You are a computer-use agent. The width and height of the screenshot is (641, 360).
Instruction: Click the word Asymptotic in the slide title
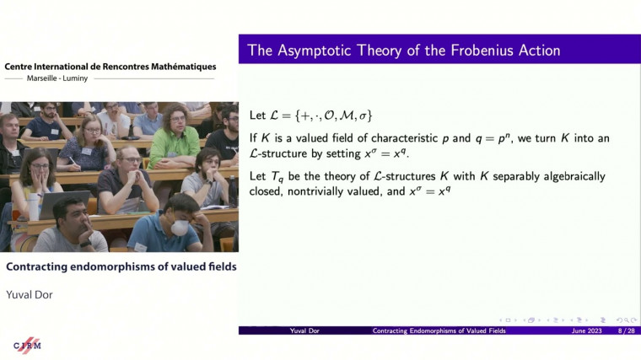click(318, 51)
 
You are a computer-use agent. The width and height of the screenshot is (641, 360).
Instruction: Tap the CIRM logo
click(28, 344)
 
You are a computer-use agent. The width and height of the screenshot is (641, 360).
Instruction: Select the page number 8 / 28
click(626, 331)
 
